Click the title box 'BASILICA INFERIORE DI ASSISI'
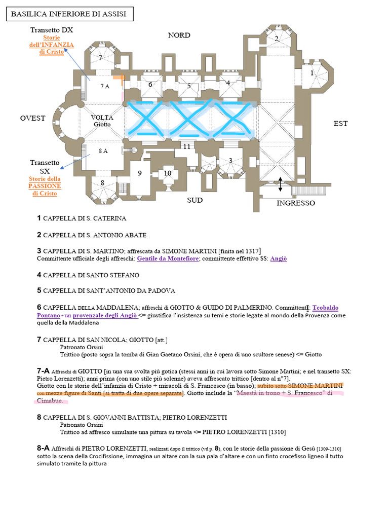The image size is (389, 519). pos(69,14)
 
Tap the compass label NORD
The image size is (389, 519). pos(179,35)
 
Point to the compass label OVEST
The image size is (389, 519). pos(32,118)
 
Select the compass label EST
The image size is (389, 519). pos(340,123)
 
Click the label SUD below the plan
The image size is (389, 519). pos(194,200)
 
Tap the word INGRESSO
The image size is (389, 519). pos(295,203)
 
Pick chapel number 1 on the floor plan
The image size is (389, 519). pos(312,72)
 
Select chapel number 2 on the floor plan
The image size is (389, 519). pos(277,39)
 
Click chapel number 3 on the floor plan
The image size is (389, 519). pos(230,160)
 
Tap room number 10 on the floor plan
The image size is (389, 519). pos(168,173)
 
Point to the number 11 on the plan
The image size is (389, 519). pos(187,146)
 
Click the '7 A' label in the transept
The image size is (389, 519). pos(104,87)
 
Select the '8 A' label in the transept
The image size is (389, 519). pos(103,151)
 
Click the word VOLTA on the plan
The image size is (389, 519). pos(102,118)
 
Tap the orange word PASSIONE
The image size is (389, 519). pos(45,186)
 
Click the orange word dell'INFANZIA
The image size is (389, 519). pos(52,45)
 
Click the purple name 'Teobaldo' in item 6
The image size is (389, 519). pos(326,308)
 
